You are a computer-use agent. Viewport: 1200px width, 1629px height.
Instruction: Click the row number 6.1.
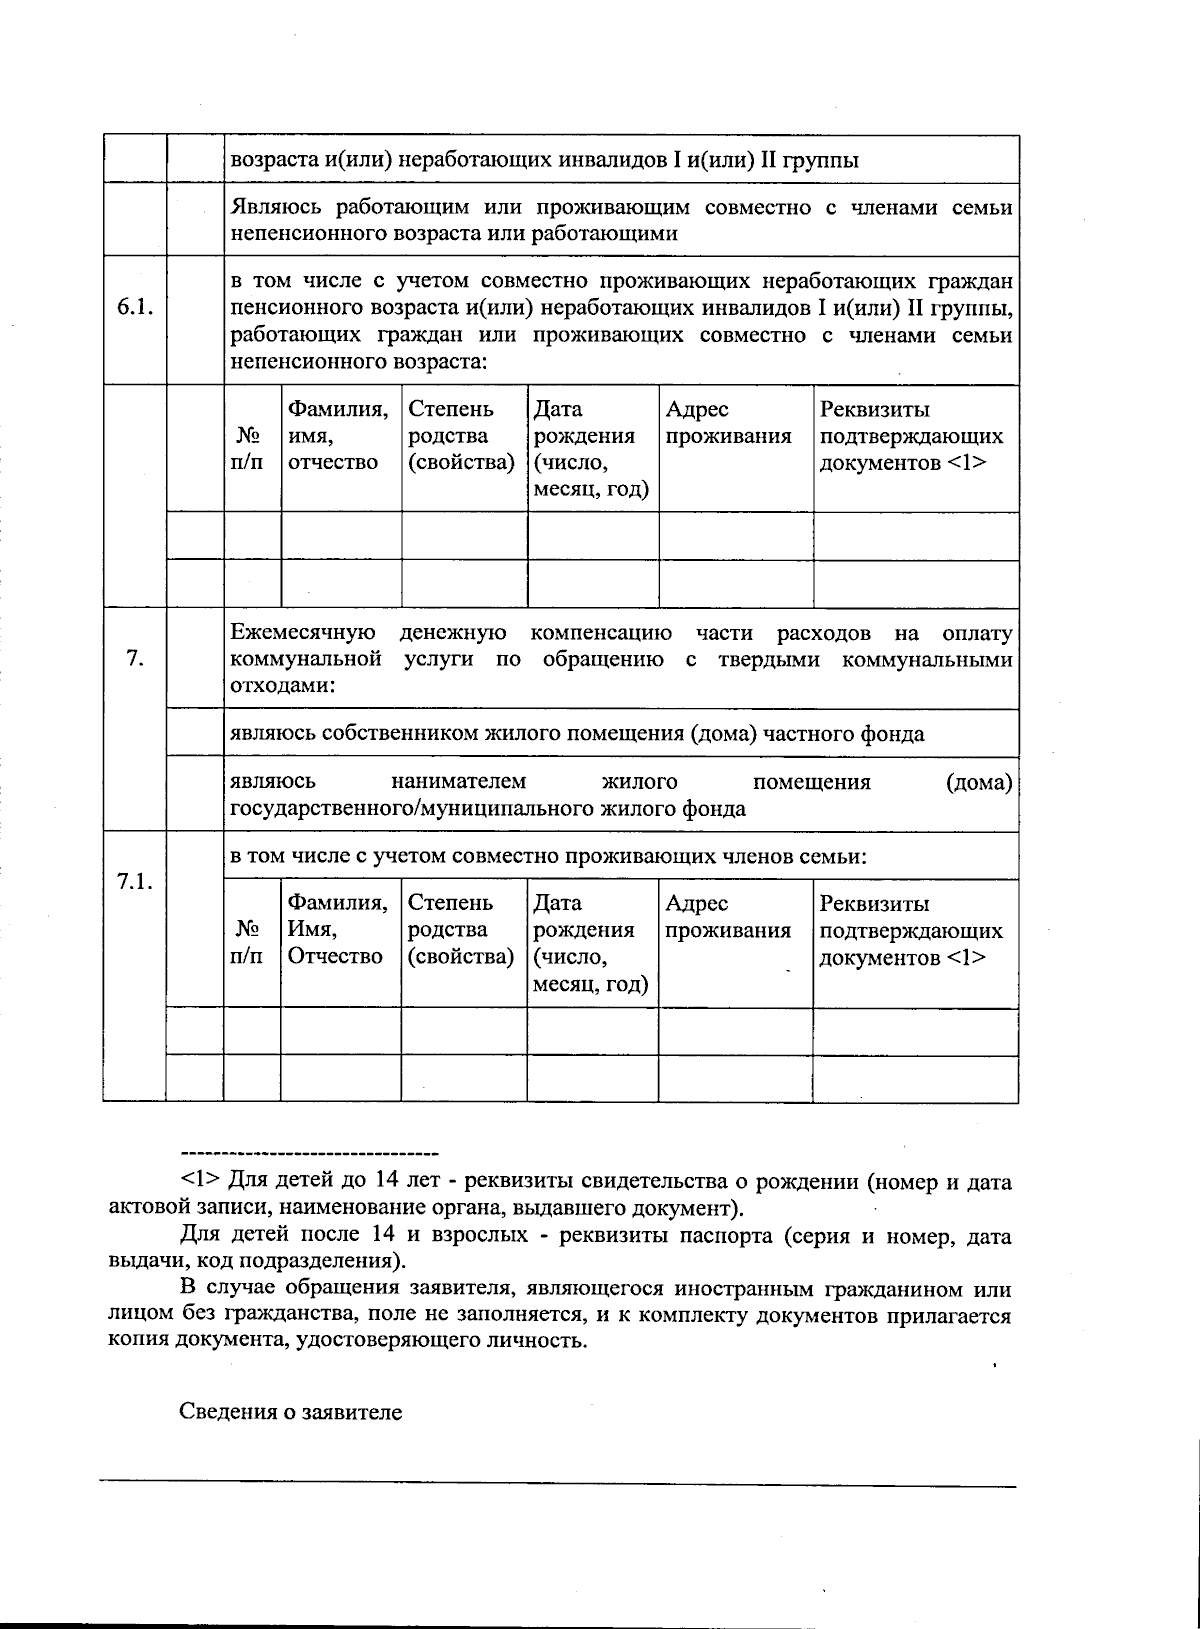click(134, 308)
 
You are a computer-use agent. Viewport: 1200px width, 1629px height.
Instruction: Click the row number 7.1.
click(134, 881)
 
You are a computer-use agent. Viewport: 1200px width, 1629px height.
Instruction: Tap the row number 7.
click(134, 659)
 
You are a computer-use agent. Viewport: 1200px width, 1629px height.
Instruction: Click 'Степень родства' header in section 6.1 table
click(461, 436)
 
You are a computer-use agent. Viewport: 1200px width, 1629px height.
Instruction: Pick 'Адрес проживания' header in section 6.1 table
click(728, 423)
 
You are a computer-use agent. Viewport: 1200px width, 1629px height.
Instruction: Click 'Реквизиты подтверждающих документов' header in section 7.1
click(911, 931)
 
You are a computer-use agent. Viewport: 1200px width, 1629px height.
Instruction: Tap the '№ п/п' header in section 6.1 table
click(251, 449)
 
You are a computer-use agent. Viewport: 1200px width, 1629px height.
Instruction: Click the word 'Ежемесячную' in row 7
click(303, 634)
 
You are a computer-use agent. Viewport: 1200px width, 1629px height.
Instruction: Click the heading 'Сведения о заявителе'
click(290, 1413)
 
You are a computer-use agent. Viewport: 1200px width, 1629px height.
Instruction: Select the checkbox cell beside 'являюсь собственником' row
click(194, 733)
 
